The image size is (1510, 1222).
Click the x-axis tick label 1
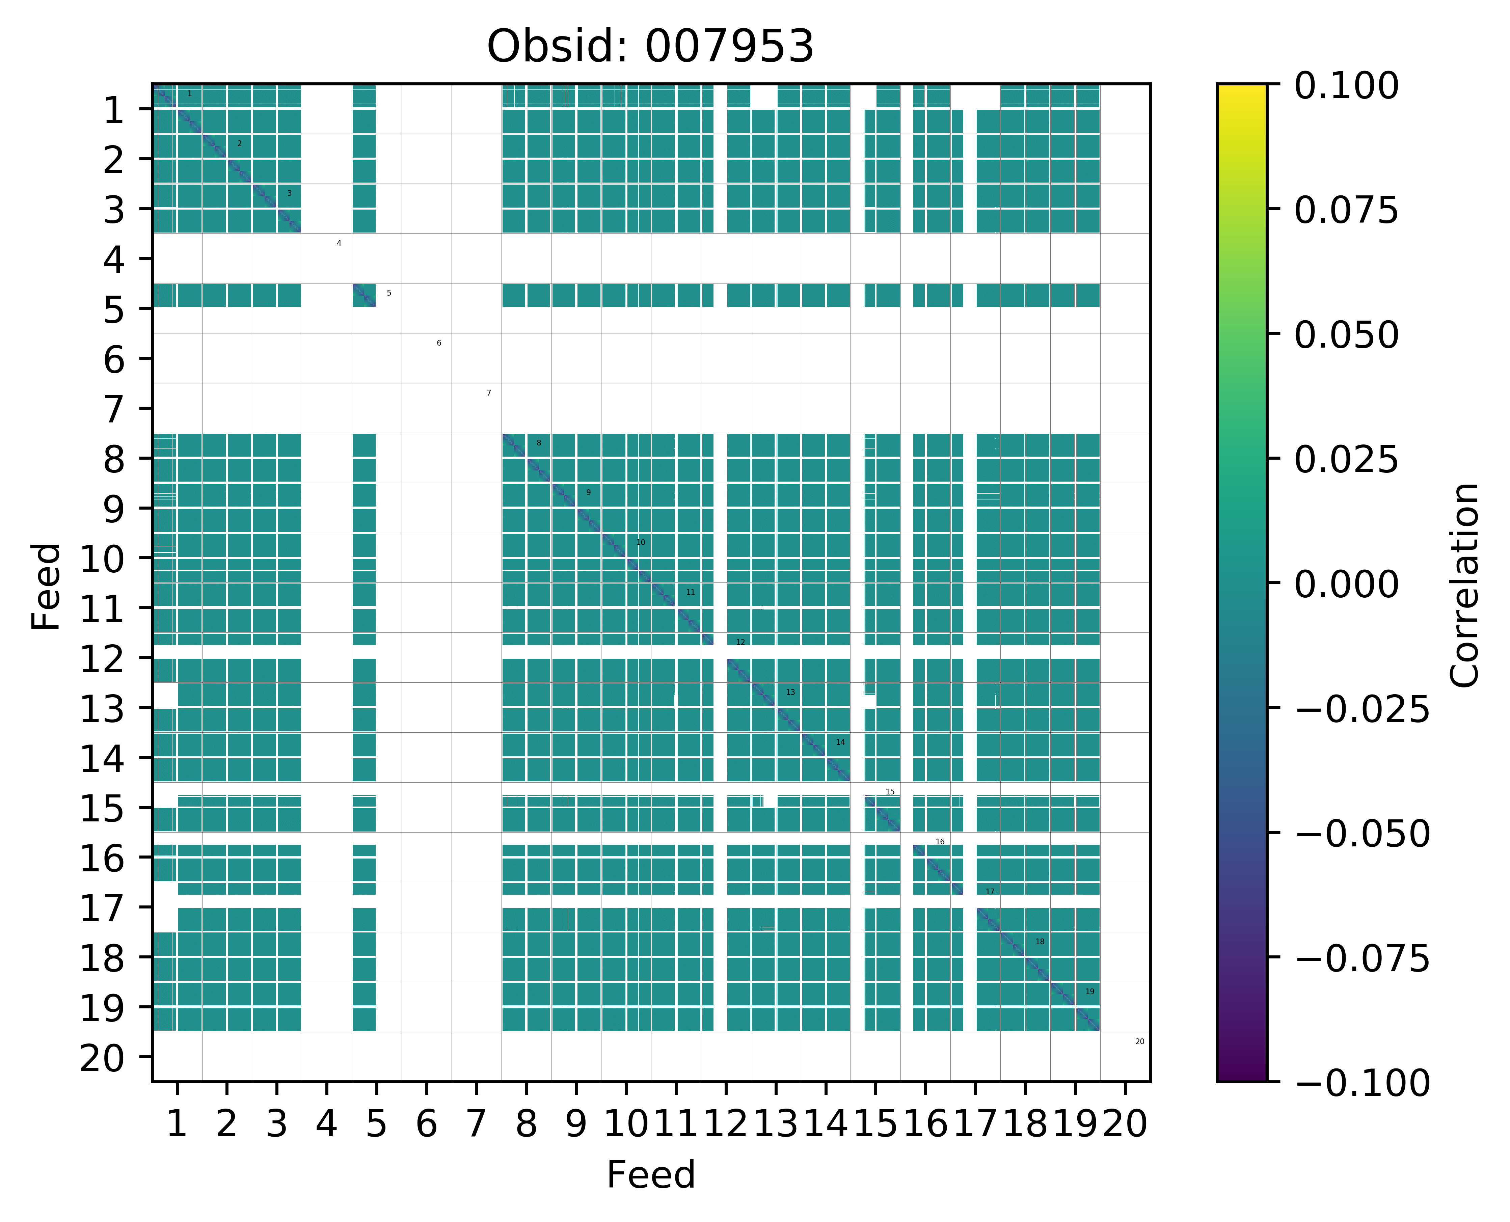[177, 1124]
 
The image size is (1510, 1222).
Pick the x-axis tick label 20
[1125, 1124]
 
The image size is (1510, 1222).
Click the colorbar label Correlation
[1465, 584]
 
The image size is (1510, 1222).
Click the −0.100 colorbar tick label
[1361, 1083]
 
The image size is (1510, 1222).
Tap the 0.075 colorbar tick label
[1346, 211]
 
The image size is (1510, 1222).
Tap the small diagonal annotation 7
[489, 393]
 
